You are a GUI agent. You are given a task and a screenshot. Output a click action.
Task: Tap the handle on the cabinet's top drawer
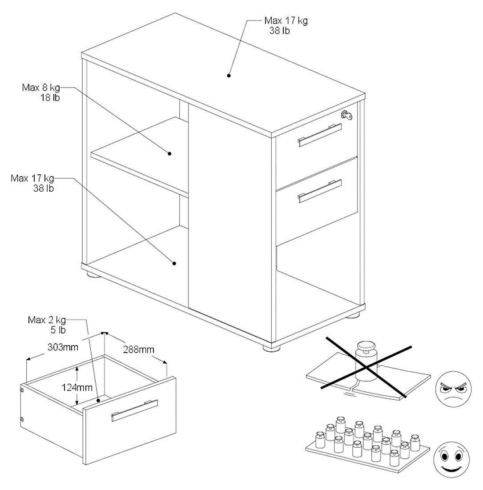point(320,135)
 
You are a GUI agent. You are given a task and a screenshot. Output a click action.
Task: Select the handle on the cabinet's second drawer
point(320,191)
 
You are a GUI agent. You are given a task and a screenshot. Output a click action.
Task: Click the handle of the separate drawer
point(134,410)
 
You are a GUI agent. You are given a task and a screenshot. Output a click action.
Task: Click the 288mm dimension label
point(139,349)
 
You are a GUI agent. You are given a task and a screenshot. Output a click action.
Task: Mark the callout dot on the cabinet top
point(229,76)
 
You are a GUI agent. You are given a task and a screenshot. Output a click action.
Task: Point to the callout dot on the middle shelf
point(170,154)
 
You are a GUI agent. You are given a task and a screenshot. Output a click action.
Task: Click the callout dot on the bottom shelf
point(174,263)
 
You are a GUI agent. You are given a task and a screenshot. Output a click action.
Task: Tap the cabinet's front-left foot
point(93,275)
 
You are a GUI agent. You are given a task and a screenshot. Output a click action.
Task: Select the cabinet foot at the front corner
point(270,348)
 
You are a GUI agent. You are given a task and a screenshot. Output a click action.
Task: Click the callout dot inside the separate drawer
point(98,401)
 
